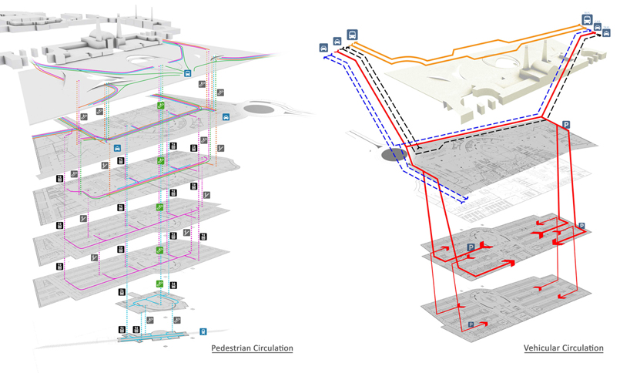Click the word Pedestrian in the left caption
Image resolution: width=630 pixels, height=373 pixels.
pyautogui.click(x=230, y=348)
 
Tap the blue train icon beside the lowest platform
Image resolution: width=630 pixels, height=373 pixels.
pyautogui.click(x=203, y=332)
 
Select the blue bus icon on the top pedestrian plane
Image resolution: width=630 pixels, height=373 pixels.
pyautogui.click(x=188, y=73)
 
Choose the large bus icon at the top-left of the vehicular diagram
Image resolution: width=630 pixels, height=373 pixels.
pyautogui.click(x=352, y=35)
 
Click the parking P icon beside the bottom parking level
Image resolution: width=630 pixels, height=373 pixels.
pyautogui.click(x=471, y=325)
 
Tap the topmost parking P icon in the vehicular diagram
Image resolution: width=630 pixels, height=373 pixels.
pyautogui.click(x=566, y=125)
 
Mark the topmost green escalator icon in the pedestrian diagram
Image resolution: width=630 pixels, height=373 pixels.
pyautogui.click(x=161, y=105)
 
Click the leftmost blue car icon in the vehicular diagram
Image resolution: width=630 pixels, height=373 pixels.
pyautogui.click(x=323, y=48)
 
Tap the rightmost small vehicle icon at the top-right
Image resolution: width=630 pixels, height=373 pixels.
pyautogui.click(x=607, y=33)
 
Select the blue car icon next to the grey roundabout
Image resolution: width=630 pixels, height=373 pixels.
pyautogui.click(x=226, y=117)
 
